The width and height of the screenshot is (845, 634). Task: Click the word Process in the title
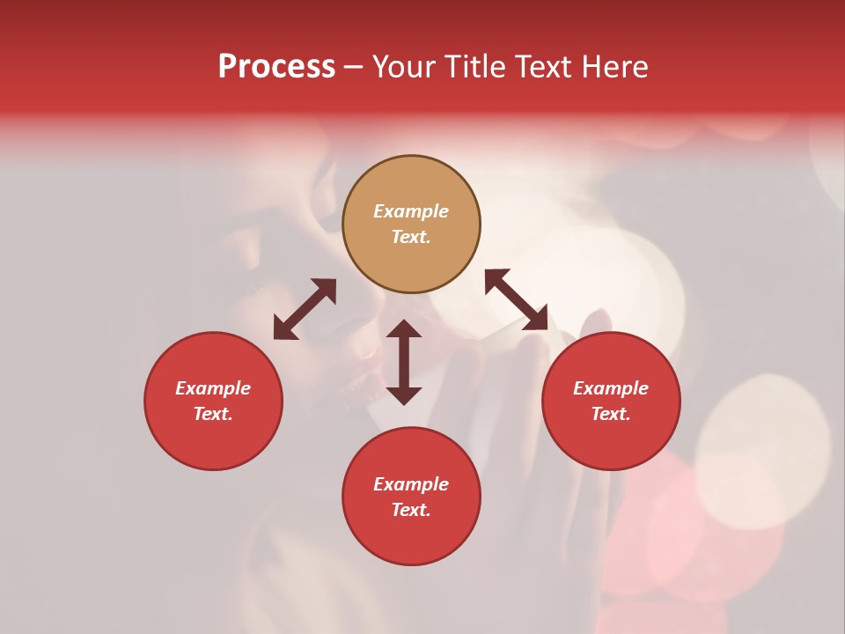[x=276, y=67]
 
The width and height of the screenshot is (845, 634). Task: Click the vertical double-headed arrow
[x=404, y=362]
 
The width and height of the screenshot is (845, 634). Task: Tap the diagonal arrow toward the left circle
[x=305, y=309]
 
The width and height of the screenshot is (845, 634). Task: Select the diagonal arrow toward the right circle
[x=516, y=300]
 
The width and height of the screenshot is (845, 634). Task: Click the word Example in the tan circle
[x=411, y=211]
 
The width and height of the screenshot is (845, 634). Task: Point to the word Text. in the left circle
[x=213, y=414]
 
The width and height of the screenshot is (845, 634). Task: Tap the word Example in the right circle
[x=611, y=388]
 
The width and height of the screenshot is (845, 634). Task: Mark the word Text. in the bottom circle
[x=411, y=510]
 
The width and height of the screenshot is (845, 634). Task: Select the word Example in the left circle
[x=213, y=388]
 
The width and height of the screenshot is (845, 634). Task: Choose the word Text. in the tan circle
[x=411, y=237]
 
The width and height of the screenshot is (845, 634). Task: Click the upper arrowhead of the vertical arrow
[x=404, y=328]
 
